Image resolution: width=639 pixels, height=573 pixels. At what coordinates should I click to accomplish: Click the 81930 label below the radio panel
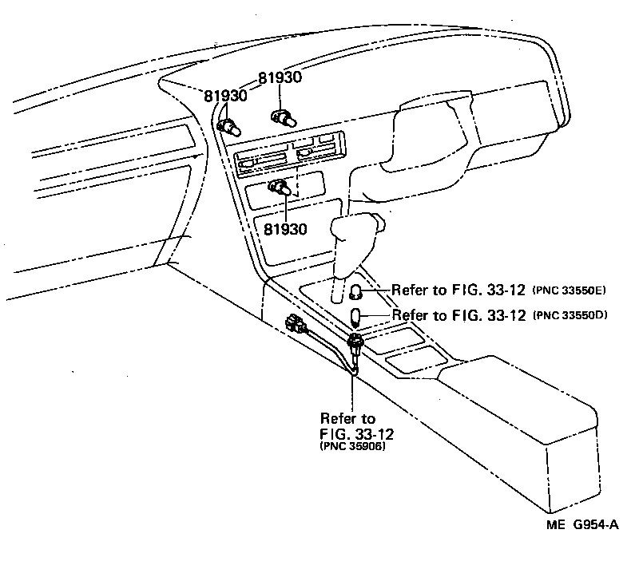click(x=285, y=229)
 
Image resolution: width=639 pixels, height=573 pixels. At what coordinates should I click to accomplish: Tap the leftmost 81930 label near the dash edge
click(x=225, y=95)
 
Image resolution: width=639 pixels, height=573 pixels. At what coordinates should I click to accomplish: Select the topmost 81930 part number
click(x=280, y=78)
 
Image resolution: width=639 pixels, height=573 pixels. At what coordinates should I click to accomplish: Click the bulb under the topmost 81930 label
click(x=284, y=117)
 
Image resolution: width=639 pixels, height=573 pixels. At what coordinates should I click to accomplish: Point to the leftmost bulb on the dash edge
click(x=228, y=124)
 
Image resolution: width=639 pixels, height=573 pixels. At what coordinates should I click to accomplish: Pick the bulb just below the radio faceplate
click(x=280, y=188)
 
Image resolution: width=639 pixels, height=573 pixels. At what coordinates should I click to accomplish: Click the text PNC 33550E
click(x=570, y=289)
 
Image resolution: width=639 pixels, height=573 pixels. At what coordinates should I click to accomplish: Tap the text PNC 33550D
click(x=570, y=314)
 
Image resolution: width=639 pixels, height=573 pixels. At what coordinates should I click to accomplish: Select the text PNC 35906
click(x=351, y=447)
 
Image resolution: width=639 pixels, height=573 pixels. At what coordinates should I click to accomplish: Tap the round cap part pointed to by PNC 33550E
click(x=357, y=291)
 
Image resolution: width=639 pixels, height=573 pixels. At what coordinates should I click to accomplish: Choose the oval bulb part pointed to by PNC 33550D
click(x=357, y=318)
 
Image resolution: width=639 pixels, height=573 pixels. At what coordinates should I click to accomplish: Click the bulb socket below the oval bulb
click(x=355, y=345)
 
